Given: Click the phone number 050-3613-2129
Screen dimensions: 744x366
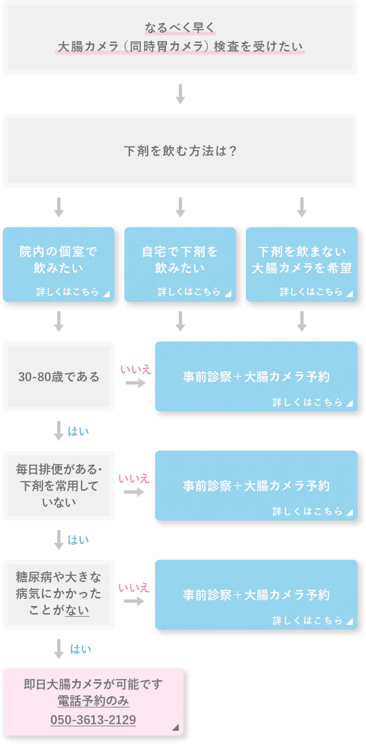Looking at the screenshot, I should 93,719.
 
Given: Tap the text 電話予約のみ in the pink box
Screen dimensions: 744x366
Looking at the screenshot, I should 93,701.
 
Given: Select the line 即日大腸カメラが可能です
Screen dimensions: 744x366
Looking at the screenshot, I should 93,684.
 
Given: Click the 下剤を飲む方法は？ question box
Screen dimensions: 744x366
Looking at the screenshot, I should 180,151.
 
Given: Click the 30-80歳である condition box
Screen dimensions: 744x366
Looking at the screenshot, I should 59,376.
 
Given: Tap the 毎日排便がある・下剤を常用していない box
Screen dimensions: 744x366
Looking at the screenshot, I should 59,486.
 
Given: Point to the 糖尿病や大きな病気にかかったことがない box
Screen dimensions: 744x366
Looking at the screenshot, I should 59,594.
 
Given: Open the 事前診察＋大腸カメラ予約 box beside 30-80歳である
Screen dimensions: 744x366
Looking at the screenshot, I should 256,376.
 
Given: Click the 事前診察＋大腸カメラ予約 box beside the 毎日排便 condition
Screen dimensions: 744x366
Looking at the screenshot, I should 256,486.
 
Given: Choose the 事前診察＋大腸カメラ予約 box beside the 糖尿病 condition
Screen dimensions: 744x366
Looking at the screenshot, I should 256,595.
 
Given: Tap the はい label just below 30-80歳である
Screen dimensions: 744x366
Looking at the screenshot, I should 79,431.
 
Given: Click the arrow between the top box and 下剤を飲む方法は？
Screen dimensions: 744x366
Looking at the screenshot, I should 180,94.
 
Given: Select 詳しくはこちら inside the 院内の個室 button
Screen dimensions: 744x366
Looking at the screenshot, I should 68,292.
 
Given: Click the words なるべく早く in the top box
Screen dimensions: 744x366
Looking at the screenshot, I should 180,28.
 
